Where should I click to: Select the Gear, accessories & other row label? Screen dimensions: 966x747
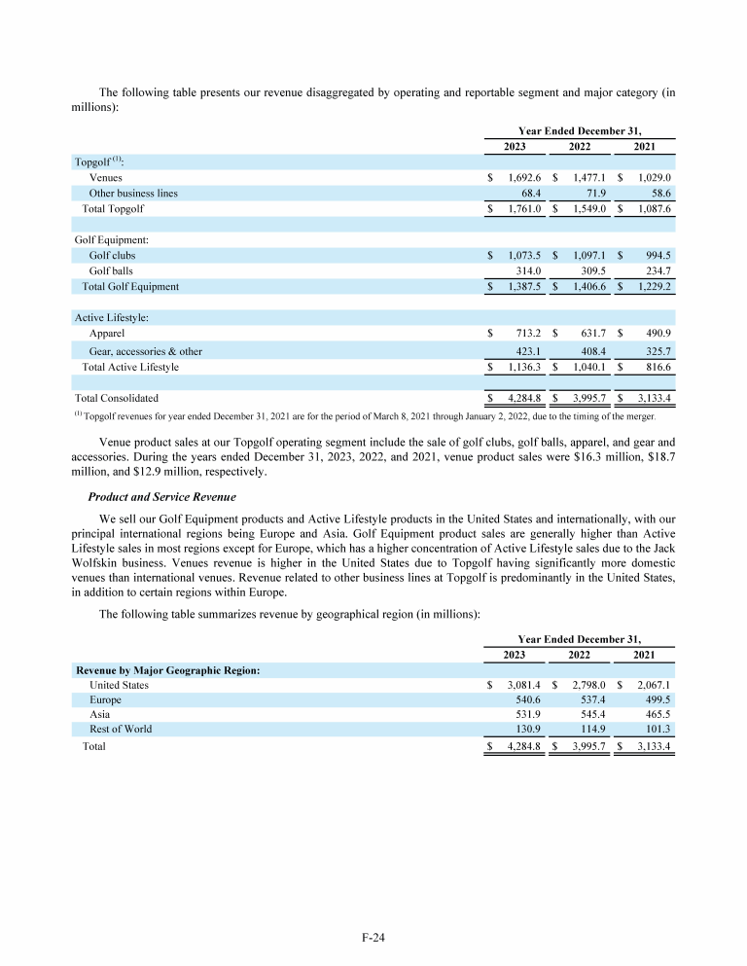[x=146, y=351]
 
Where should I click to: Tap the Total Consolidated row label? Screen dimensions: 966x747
[x=117, y=398]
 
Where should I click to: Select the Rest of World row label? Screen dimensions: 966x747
[x=121, y=729]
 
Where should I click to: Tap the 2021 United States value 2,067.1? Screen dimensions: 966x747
[x=654, y=685]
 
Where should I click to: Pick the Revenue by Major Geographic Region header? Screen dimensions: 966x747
[x=167, y=670]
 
